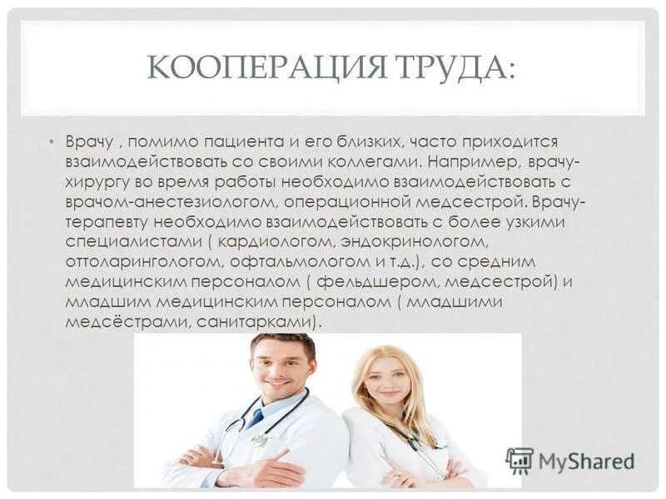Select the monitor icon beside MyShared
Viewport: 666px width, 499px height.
[519, 460]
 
